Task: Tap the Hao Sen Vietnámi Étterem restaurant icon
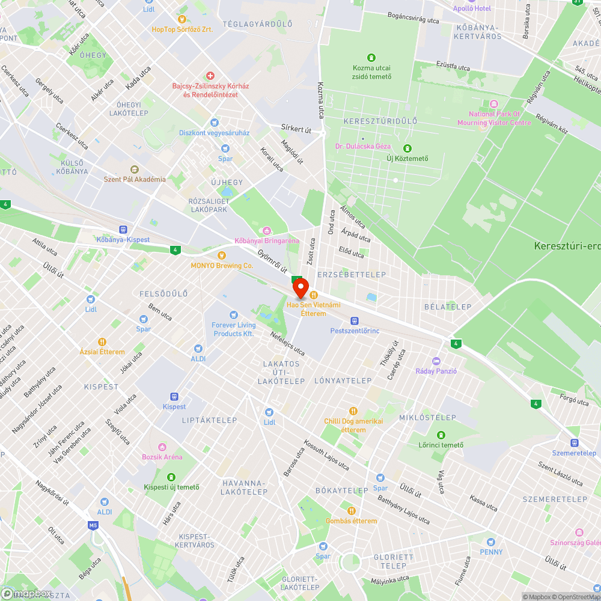[x=313, y=294]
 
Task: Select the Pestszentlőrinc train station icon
[x=355, y=321]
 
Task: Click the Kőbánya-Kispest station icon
[x=123, y=230]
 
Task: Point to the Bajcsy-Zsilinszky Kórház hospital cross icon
[x=210, y=76]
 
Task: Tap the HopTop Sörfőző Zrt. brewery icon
[x=183, y=19]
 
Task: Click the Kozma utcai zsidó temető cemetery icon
[x=371, y=58]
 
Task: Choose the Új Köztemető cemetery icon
[x=407, y=148]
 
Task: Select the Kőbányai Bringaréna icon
[x=267, y=231]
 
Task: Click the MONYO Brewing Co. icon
[x=221, y=255]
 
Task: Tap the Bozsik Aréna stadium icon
[x=162, y=447]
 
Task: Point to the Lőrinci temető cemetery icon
[x=441, y=435]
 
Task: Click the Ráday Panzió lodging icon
[x=436, y=361]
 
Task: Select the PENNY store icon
[x=491, y=542]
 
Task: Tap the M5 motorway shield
[x=93, y=525]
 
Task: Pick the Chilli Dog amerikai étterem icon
[x=353, y=411]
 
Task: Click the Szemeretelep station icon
[x=574, y=442]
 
